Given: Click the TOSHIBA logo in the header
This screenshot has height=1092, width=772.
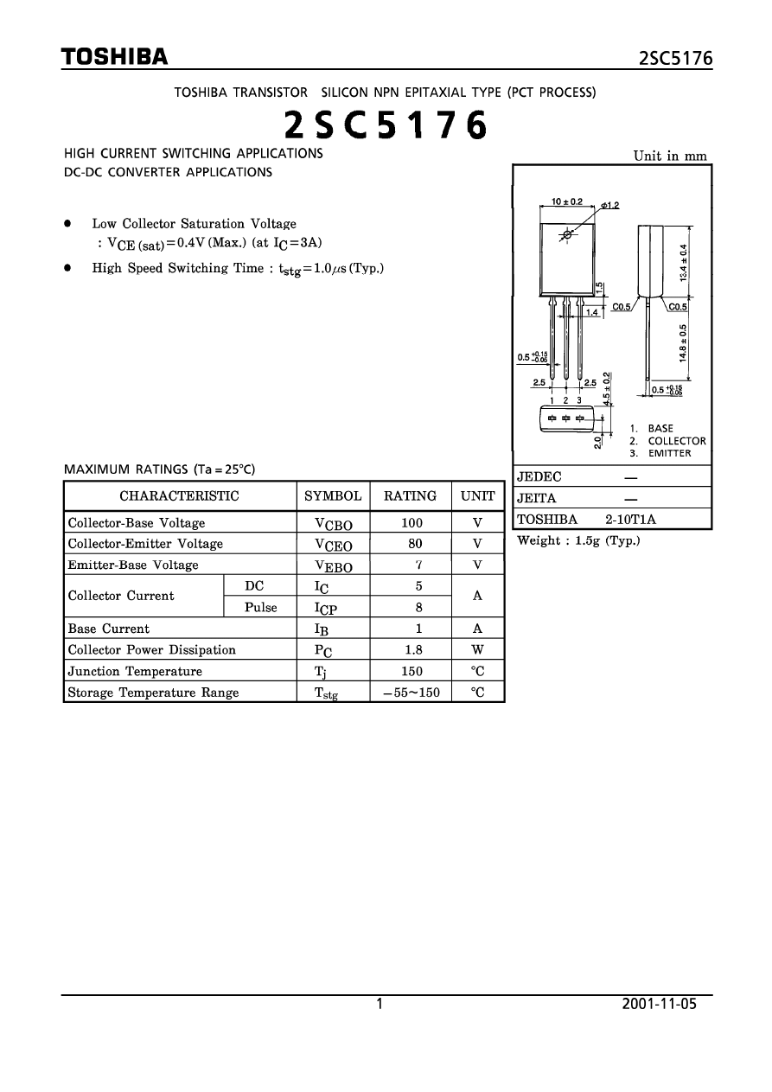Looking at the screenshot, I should [x=114, y=58].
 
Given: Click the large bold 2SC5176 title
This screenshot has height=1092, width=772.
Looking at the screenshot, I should [x=386, y=126].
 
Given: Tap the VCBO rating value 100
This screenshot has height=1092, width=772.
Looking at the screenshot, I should [x=411, y=522].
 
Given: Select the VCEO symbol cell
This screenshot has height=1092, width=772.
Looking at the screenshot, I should [x=333, y=545].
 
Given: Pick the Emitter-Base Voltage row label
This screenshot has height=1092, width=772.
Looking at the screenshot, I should [x=133, y=565].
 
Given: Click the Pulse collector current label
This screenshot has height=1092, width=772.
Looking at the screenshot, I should [x=260, y=607].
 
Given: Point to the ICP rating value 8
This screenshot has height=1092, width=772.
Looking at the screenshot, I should [x=418, y=607].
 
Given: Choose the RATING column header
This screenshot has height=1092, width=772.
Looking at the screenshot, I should [x=410, y=496].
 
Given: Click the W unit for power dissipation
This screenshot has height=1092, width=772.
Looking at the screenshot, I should [x=477, y=650].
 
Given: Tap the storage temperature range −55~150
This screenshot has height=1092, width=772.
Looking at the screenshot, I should [x=411, y=693].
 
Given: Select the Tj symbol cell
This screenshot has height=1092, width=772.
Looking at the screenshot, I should [x=333, y=672].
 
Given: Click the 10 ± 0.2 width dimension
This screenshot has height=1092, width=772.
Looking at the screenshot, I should [x=567, y=201].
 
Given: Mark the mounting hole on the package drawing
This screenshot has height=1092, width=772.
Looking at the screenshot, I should [x=567, y=234].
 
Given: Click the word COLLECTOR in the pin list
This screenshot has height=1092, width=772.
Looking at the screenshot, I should [x=677, y=441].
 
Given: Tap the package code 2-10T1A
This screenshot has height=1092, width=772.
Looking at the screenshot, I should [x=631, y=519].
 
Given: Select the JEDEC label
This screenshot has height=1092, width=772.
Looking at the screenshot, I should [x=539, y=477].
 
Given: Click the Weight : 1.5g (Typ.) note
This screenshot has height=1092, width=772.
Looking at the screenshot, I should [x=578, y=541].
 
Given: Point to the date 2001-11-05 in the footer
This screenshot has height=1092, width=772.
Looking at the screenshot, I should [x=659, y=1005].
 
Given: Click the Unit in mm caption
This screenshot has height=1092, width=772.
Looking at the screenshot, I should [x=670, y=156].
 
